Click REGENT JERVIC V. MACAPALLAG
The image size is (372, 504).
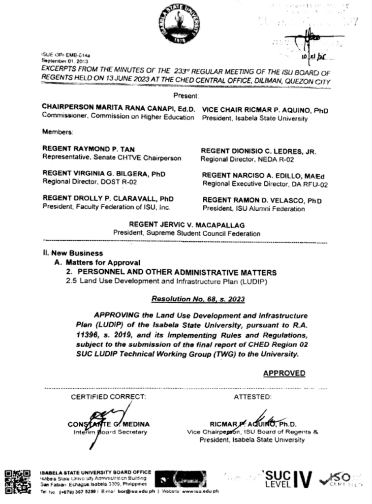186,224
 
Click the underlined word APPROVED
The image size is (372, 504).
284,374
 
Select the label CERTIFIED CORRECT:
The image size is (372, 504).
109,396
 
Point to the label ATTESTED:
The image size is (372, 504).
252,396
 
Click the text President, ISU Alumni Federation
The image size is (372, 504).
253,209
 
